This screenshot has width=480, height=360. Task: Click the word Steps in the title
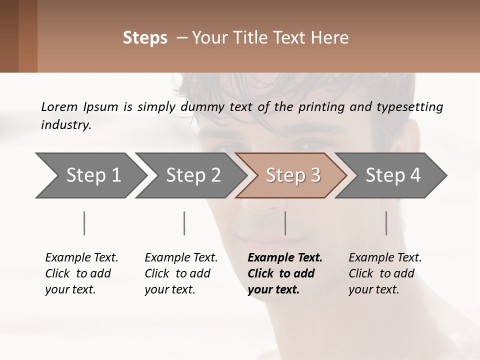click(145, 38)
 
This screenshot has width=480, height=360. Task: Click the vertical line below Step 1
click(84, 223)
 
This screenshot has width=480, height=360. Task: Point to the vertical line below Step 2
click(184, 223)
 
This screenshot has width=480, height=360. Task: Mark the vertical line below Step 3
click(285, 223)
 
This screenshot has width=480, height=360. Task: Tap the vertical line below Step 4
click(386, 223)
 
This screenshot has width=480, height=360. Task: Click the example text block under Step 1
click(81, 273)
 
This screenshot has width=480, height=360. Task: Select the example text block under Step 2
click(181, 273)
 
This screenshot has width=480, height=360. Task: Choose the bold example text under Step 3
click(285, 273)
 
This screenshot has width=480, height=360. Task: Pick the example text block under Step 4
click(385, 273)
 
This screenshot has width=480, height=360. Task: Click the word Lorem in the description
click(59, 107)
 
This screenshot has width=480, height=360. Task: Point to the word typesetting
click(411, 107)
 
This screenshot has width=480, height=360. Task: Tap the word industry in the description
click(65, 125)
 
